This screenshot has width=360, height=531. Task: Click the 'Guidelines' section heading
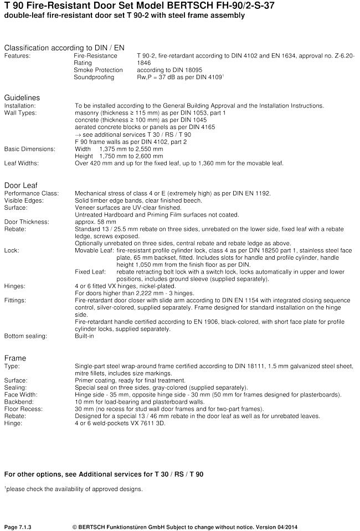[x=22, y=97]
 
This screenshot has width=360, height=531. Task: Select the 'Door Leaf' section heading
[x=20, y=185]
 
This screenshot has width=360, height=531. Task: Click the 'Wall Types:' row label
[x=20, y=113]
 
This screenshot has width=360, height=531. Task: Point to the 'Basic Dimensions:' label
[x=30, y=149]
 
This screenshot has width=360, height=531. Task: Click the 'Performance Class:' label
[x=31, y=193]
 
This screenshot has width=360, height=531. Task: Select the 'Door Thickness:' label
[x=27, y=221]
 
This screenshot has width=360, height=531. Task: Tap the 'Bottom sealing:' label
[x=25, y=336]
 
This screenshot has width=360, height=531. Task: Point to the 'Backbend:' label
[x=19, y=402]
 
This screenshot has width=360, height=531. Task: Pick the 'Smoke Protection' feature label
[x=96, y=70]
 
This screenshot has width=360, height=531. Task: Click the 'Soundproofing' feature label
[x=94, y=78]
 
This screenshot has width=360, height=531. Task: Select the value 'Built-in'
[x=84, y=336]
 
